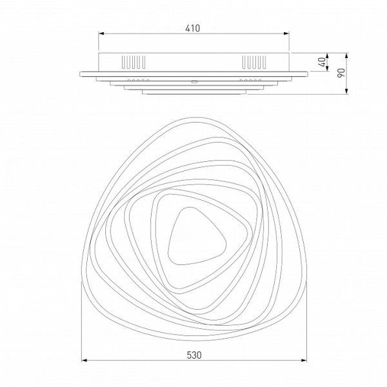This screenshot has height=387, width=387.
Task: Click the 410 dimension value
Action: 192,28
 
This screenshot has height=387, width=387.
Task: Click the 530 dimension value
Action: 194,355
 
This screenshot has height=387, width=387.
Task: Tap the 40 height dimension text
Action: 322,62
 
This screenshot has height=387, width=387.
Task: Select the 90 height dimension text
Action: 341,73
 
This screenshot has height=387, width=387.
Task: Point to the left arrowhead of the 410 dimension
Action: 101,34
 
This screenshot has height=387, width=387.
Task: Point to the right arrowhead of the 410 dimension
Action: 286,34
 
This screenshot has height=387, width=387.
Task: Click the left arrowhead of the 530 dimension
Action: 84,361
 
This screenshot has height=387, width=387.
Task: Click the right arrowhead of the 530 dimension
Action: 304,361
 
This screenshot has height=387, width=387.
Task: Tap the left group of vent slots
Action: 134,62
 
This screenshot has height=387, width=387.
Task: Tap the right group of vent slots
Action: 254,62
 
